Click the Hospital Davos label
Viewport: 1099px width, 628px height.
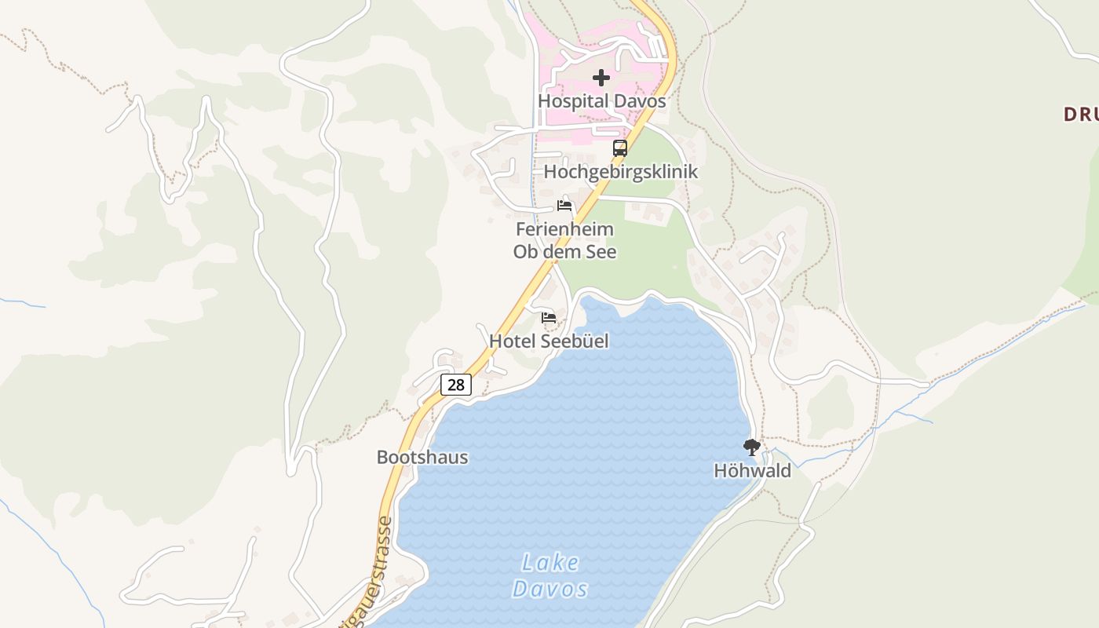(x=601, y=101)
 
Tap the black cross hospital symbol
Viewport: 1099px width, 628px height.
(x=601, y=78)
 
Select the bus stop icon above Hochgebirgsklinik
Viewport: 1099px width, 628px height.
(x=620, y=148)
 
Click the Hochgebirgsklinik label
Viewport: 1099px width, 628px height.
(x=620, y=171)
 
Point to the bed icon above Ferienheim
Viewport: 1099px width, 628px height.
(x=564, y=206)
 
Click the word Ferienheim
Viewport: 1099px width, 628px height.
(x=564, y=230)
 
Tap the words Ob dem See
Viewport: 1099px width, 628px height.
(x=564, y=252)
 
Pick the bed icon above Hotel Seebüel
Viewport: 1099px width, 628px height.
(x=549, y=317)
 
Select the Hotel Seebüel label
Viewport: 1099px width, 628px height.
(x=549, y=341)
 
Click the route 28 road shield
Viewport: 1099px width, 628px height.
(x=456, y=384)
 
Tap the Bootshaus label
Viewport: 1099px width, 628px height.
(x=422, y=458)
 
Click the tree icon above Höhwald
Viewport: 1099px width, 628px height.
(x=752, y=447)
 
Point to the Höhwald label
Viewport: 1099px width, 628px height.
(x=752, y=471)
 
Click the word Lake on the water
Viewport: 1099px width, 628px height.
(x=550, y=563)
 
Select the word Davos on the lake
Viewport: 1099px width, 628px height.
(x=550, y=589)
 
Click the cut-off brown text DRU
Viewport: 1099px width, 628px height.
(x=1081, y=115)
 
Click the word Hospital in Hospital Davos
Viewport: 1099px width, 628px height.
(x=573, y=101)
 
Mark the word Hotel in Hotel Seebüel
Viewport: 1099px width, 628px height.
(x=511, y=341)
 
